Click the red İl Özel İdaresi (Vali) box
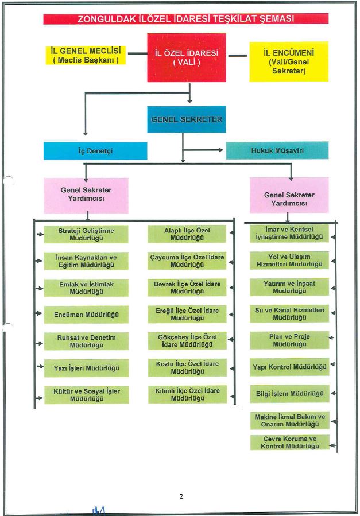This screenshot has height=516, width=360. click(187, 57)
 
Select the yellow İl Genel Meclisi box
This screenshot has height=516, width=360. click(86, 55)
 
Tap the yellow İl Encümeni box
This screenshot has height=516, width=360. click(289, 61)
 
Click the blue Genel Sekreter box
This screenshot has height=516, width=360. click(187, 119)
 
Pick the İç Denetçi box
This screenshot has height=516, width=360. click(95, 151)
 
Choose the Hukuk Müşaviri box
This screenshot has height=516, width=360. click(277, 150)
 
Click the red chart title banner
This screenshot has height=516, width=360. click(186, 19)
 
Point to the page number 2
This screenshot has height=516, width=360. click(181, 496)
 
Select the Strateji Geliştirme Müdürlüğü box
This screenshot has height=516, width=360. click(86, 234)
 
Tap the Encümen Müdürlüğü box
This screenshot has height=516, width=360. click(86, 315)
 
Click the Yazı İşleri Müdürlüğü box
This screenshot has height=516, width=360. click(86, 368)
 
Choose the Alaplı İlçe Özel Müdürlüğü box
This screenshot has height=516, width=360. click(187, 234)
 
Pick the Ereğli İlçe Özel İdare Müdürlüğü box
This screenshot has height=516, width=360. click(187, 315)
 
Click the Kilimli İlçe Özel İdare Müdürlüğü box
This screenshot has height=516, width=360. click(187, 394)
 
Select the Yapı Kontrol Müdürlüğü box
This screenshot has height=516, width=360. click(289, 367)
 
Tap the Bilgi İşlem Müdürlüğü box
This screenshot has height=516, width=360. click(289, 394)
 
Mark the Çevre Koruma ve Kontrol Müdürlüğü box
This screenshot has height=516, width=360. click(289, 443)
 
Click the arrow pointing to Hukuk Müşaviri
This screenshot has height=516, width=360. click(203, 150)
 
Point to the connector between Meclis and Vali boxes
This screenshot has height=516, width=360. click(138, 53)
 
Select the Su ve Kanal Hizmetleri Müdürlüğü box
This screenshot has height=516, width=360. click(289, 313)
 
